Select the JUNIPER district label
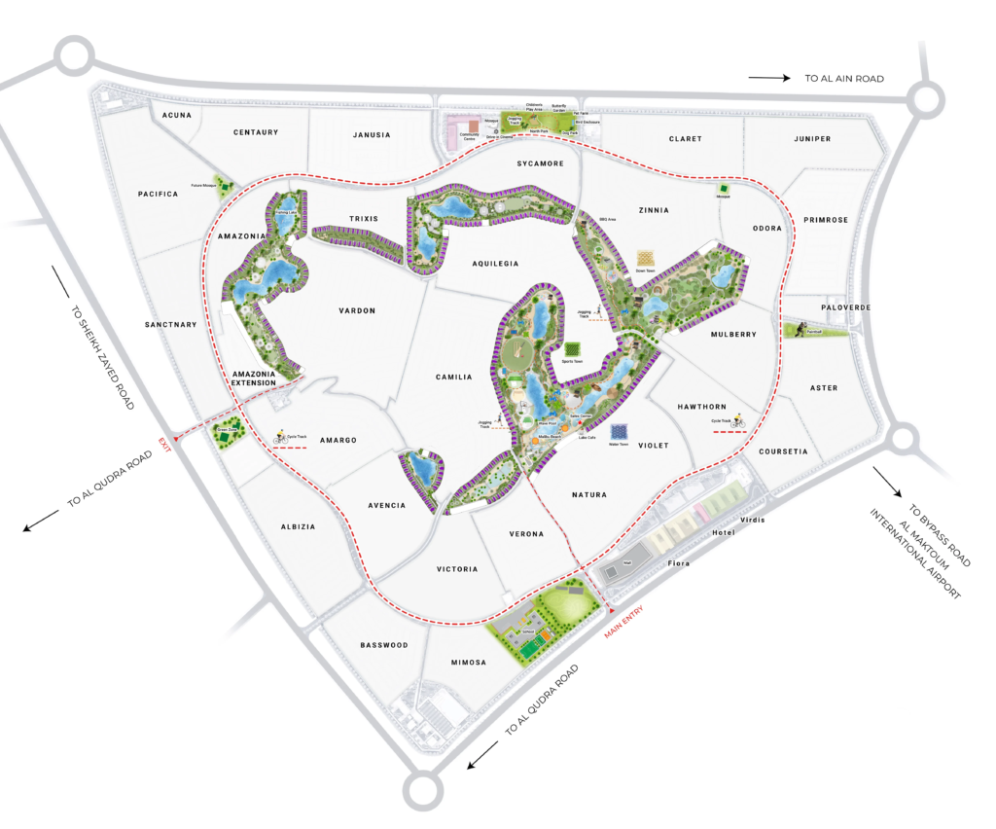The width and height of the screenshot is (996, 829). (812, 139)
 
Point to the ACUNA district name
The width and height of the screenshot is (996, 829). (177, 115)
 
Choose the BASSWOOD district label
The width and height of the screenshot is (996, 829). (384, 645)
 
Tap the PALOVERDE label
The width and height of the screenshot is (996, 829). (845, 307)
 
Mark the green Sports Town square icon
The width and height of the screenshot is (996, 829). (573, 349)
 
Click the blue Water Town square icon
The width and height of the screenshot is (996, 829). (618, 431)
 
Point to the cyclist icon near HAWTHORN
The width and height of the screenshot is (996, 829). (738, 421)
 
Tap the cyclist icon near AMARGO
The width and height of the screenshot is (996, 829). (278, 437)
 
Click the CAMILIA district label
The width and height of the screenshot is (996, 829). (453, 377)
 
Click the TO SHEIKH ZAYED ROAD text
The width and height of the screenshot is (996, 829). (102, 356)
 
